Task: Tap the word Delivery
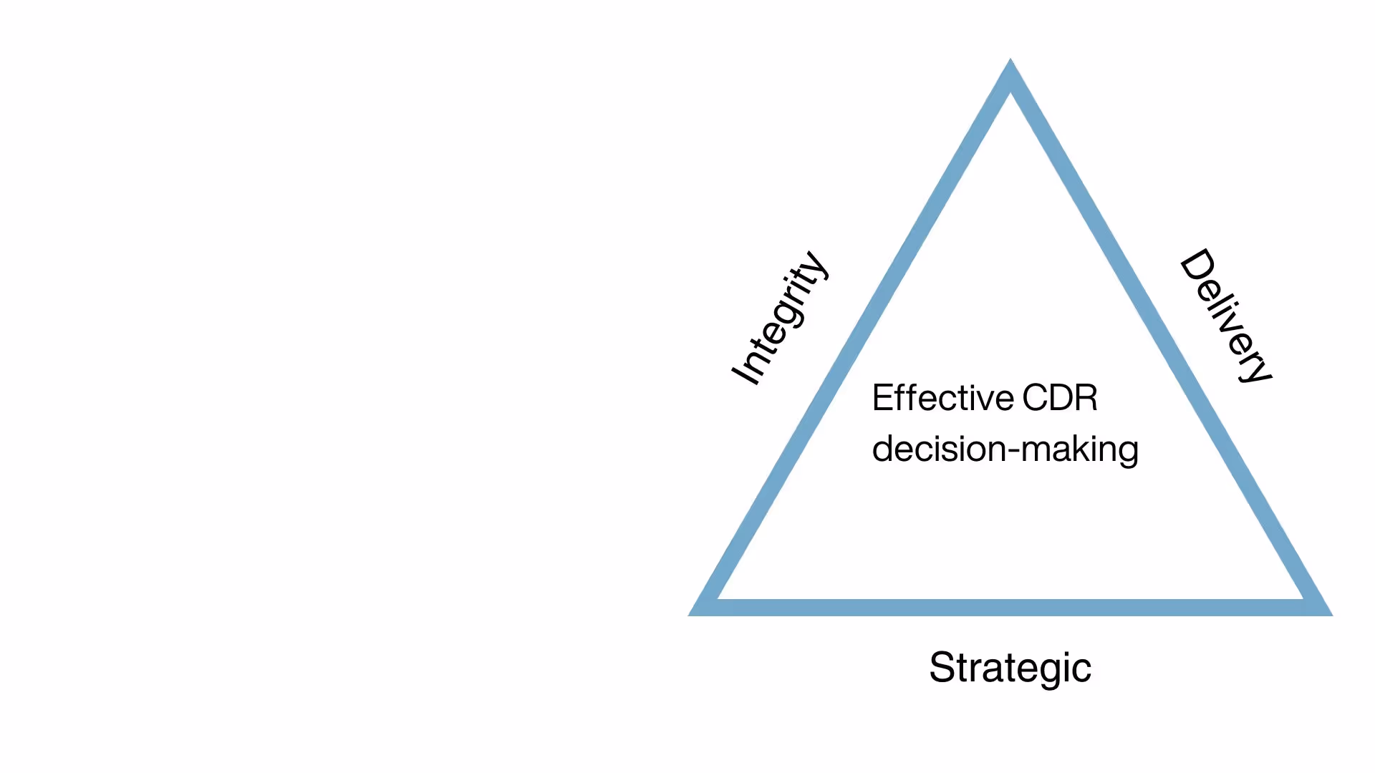pyautogui.click(x=1225, y=316)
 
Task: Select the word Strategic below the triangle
pyautogui.click(x=1010, y=668)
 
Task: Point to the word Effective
pyautogui.click(x=942, y=398)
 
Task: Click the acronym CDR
pyautogui.click(x=1060, y=398)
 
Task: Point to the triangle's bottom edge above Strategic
pyautogui.click(x=1010, y=608)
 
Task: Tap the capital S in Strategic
pyautogui.click(x=942, y=668)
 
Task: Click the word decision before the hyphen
pyautogui.click(x=939, y=449)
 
